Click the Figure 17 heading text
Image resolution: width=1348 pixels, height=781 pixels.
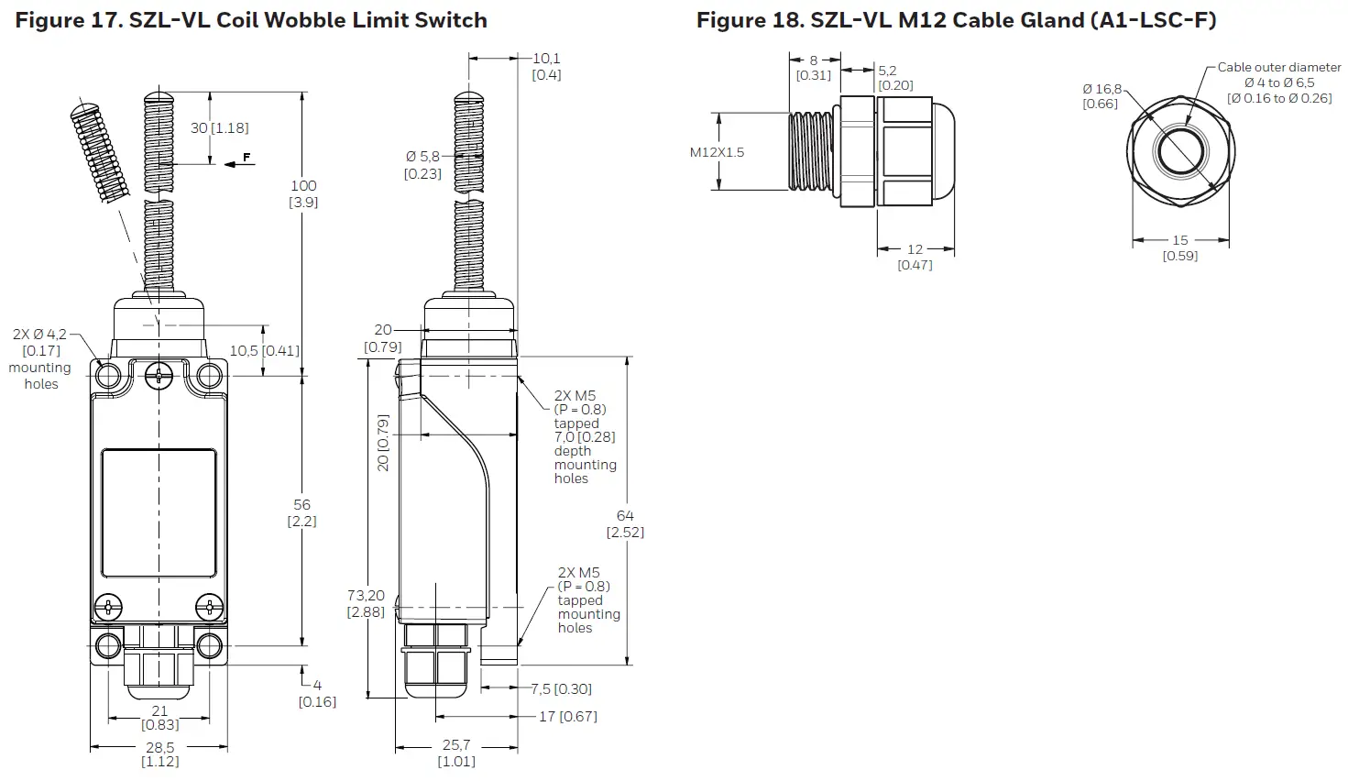tap(251, 20)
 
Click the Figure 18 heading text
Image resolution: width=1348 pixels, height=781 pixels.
tap(956, 20)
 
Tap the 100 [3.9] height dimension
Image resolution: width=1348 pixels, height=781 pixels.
tap(303, 193)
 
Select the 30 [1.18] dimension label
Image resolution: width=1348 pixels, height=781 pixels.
tap(219, 128)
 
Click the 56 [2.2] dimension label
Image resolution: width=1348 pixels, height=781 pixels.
tap(302, 512)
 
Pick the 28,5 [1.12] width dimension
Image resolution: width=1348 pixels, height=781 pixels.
tap(159, 753)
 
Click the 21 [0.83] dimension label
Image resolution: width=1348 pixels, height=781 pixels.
tap(159, 718)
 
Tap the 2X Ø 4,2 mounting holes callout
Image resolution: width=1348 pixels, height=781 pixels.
tap(40, 358)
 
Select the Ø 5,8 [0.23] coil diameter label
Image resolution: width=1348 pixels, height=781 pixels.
tap(422, 165)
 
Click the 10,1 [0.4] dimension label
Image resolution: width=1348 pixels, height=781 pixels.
tap(546, 67)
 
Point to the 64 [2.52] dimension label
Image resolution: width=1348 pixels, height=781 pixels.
tap(625, 523)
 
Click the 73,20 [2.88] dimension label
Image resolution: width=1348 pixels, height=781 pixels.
tap(366, 603)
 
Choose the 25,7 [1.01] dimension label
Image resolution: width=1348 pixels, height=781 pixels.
tap(455, 753)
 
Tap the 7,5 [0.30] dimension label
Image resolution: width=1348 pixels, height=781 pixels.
tap(561, 689)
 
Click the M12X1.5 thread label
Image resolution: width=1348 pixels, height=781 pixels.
tap(717, 152)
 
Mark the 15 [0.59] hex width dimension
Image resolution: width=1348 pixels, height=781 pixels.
tap(1180, 247)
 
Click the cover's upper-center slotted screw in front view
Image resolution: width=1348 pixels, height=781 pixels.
tap(160, 374)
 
